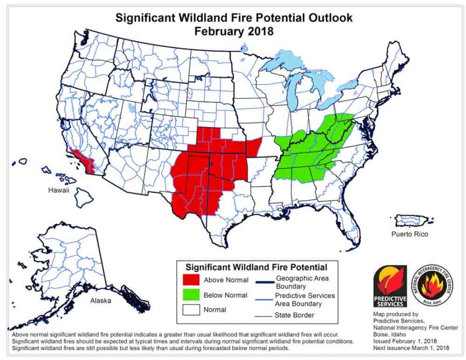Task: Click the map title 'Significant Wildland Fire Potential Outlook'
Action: [234, 18]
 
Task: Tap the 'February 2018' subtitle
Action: [234, 31]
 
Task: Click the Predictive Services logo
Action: [389, 287]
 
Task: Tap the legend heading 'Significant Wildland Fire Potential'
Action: [256, 267]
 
